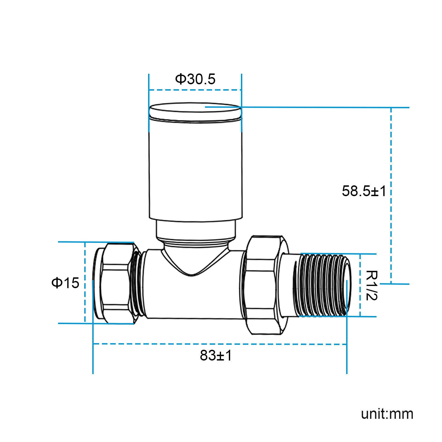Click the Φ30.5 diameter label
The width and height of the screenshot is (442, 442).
coord(195,79)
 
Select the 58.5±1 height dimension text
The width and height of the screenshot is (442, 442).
coord(364,191)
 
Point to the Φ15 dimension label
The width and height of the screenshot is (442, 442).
coord(65,283)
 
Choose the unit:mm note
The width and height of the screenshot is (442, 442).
coord(387,414)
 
